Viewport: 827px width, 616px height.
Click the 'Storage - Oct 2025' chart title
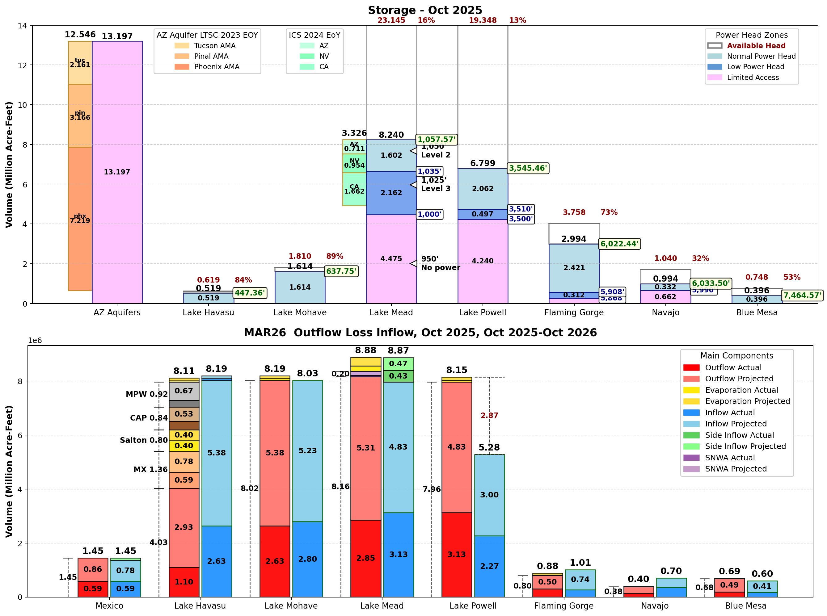click(424, 10)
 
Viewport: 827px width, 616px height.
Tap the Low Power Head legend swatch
click(714, 67)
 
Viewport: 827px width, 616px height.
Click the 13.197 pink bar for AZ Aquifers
click(117, 172)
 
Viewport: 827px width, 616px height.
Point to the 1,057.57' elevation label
click(436, 140)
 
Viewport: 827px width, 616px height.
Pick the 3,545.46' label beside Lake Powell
click(527, 168)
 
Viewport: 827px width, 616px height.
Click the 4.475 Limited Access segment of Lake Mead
click(391, 259)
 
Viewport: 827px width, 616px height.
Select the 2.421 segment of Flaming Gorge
click(574, 268)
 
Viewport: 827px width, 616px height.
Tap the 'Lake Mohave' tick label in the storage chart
click(300, 312)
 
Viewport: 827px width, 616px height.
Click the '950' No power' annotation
click(440, 263)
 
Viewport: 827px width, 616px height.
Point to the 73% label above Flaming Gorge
click(609, 212)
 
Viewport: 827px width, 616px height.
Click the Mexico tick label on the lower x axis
click(109, 606)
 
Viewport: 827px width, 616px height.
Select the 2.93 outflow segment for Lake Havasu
click(184, 527)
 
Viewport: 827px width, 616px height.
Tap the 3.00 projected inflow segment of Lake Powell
click(489, 495)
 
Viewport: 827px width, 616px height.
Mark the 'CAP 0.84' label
click(149, 418)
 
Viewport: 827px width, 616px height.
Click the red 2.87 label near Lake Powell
click(489, 415)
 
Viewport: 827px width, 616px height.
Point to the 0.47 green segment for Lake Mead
click(398, 363)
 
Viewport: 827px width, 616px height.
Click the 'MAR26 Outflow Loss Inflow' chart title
click(420, 333)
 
